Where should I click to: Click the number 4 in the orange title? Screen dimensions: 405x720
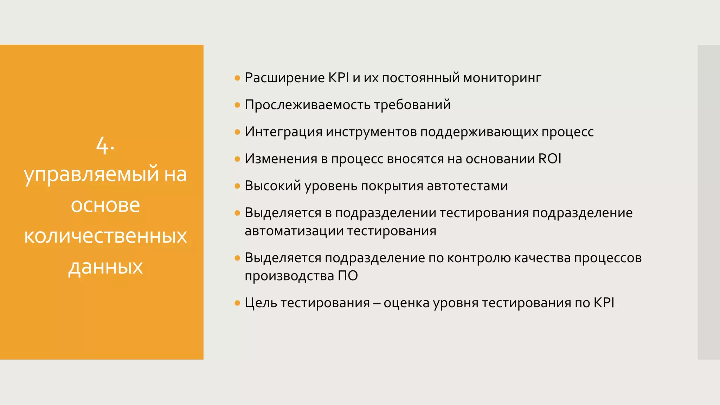pyautogui.click(x=102, y=145)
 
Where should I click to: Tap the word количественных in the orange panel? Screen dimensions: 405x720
pyautogui.click(x=105, y=236)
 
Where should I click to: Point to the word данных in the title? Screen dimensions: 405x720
pyautogui.click(x=105, y=267)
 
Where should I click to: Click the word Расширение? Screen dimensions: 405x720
pyautogui.click(x=285, y=78)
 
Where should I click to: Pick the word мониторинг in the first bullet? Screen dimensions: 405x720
pyautogui.click(x=502, y=78)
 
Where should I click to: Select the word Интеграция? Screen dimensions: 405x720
pyautogui.click(x=283, y=132)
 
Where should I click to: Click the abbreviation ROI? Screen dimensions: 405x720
pyautogui.click(x=550, y=159)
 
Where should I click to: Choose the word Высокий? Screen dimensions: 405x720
pyautogui.click(x=273, y=186)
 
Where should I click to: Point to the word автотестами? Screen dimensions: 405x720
pyautogui.click(x=467, y=186)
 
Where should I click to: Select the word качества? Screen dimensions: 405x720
pyautogui.click(x=542, y=258)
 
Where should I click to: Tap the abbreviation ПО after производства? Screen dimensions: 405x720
pyautogui.click(x=348, y=276)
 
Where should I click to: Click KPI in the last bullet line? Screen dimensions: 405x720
pyautogui.click(x=604, y=303)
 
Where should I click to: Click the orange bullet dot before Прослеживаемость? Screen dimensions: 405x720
pyautogui.click(x=237, y=105)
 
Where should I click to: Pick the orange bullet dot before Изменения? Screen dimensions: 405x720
pyautogui.click(x=237, y=159)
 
